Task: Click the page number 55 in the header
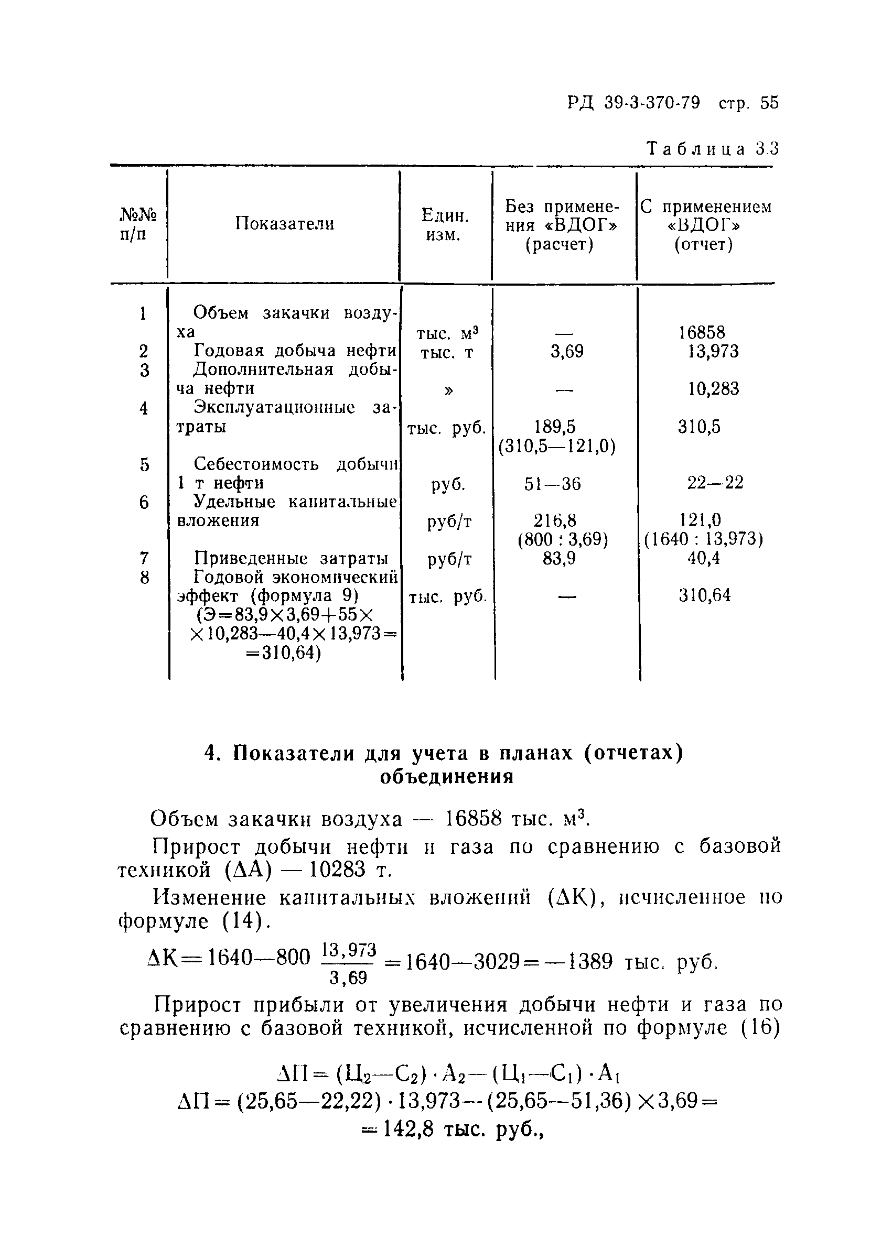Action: coord(769,103)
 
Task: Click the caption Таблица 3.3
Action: coord(712,149)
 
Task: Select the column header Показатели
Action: coord(285,223)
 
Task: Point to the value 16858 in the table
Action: coord(702,332)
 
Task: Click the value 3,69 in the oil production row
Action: coord(566,352)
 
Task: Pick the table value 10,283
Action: coord(713,389)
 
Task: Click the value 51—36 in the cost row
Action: coord(552,484)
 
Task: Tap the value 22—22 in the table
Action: coord(715,483)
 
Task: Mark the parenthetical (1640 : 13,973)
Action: coord(704,539)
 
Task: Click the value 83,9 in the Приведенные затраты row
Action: coord(559,559)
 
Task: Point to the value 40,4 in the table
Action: coord(704,558)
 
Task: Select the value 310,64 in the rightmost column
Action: coord(705,595)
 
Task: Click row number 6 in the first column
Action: coord(144,502)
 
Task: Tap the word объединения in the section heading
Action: coord(446,777)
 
